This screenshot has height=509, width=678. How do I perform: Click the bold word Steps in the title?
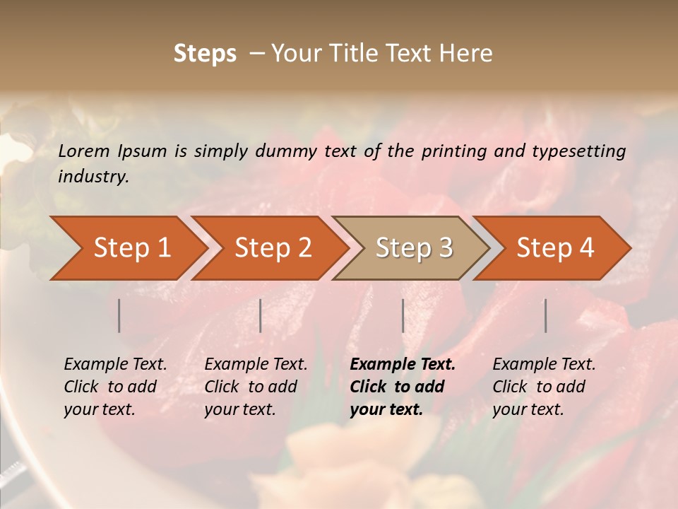click(205, 54)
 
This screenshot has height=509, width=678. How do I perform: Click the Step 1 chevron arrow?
click(127, 248)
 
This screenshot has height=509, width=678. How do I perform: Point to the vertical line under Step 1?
click(119, 315)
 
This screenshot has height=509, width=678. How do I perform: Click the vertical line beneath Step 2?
click(261, 315)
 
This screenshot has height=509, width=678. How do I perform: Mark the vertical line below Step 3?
click(403, 315)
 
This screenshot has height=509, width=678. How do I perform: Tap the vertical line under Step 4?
click(545, 315)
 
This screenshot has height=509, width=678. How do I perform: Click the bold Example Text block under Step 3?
click(402, 387)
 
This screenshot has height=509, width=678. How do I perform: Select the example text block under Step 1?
click(115, 387)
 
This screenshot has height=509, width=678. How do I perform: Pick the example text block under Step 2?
click(256, 387)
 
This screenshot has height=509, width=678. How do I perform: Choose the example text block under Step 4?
click(544, 387)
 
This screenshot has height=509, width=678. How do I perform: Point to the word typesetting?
click(581, 151)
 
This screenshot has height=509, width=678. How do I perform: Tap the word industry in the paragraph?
click(93, 177)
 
